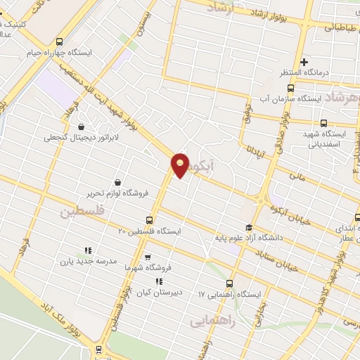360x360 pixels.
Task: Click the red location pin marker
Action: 181,165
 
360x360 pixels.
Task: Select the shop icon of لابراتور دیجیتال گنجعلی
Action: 82,127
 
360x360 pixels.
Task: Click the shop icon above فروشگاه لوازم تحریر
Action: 116,181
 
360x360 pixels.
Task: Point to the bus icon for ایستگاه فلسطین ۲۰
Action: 148,219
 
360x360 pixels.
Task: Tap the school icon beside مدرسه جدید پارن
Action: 88,250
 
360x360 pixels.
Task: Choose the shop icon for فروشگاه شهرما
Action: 147,257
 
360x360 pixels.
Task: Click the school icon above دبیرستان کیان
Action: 158,281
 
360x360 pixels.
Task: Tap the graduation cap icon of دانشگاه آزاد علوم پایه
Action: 247,226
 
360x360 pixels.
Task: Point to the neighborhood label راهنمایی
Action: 210,321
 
